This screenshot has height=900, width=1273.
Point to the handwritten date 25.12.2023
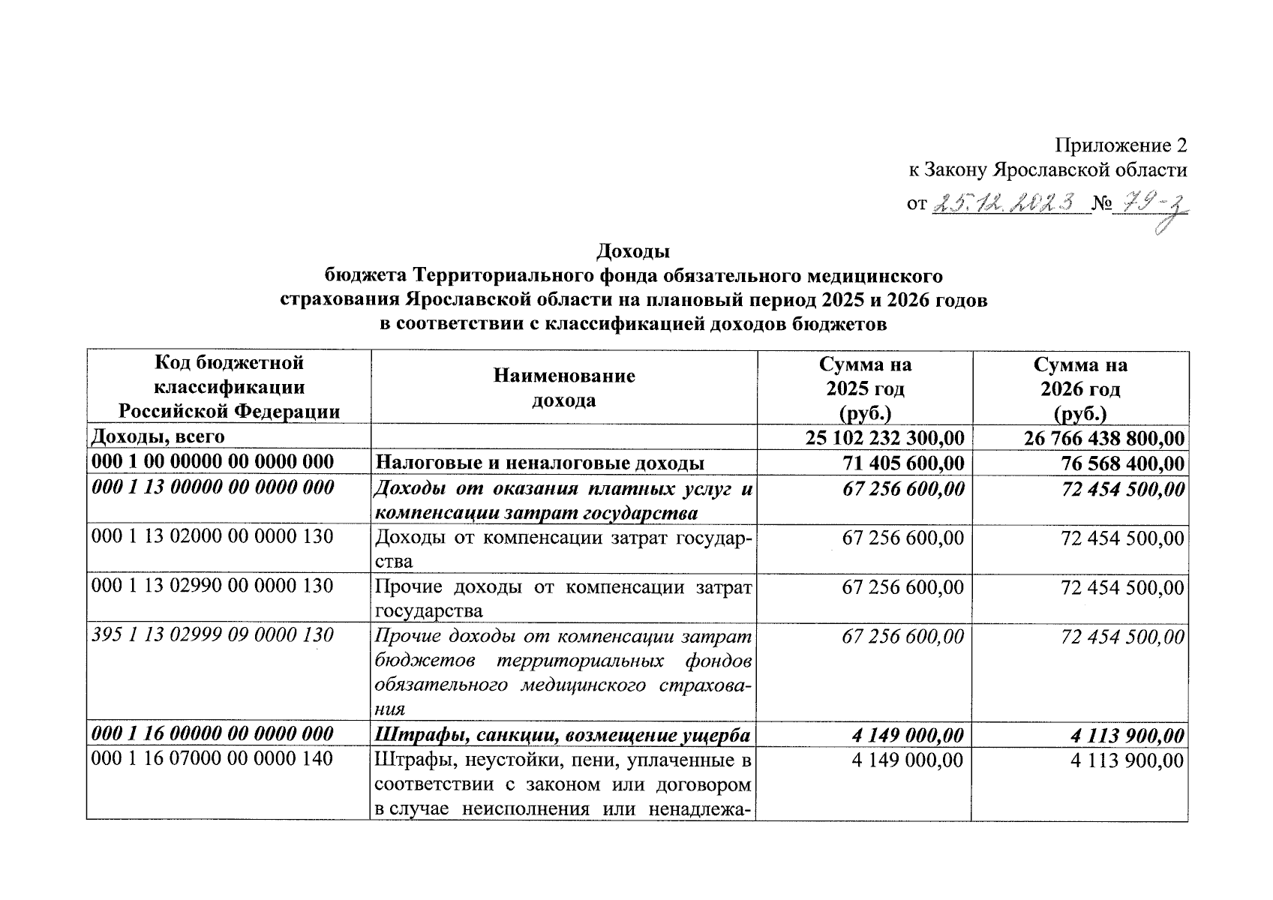pyautogui.click(x=1010, y=202)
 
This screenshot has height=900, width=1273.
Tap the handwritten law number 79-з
pyautogui.click(x=1151, y=204)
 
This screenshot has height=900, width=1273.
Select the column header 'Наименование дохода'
pyautogui.click(x=563, y=388)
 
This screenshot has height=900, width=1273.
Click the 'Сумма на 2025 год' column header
pyautogui.click(x=865, y=388)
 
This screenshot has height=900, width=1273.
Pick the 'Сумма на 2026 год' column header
pyautogui.click(x=1080, y=388)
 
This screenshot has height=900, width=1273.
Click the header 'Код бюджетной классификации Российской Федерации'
pyautogui.click(x=229, y=387)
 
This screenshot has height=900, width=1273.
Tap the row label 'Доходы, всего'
pyautogui.click(x=158, y=436)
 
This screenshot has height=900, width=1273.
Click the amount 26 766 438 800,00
pyautogui.click(x=1104, y=438)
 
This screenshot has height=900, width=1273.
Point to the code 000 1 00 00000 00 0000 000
pyautogui.click(x=212, y=462)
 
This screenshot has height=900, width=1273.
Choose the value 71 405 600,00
pyautogui.click(x=903, y=463)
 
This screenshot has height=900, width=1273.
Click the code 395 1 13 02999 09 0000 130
pyautogui.click(x=212, y=635)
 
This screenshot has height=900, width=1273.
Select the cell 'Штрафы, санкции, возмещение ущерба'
pyautogui.click(x=563, y=735)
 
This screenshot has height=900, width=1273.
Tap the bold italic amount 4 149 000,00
pyautogui.click(x=908, y=735)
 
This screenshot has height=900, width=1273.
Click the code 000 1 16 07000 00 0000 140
pyautogui.click(x=212, y=760)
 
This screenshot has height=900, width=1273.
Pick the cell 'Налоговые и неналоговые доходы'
pyautogui.click(x=539, y=463)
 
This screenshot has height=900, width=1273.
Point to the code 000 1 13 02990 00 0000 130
pyautogui.click(x=212, y=586)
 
